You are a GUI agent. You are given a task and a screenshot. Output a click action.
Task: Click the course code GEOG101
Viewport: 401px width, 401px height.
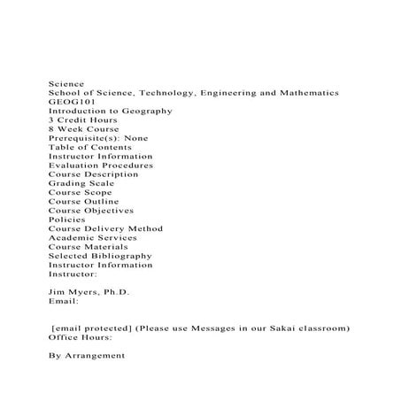pyautogui.click(x=66, y=102)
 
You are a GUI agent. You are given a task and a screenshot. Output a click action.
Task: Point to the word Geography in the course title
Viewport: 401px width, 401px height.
pyautogui.click(x=147, y=111)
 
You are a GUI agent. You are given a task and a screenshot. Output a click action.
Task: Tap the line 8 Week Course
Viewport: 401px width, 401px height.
pyautogui.click(x=84, y=128)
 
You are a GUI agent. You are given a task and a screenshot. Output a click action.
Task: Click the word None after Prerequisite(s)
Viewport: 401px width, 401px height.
pyautogui.click(x=136, y=138)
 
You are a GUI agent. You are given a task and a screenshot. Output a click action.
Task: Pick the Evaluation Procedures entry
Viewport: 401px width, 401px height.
pyautogui.click(x=100, y=166)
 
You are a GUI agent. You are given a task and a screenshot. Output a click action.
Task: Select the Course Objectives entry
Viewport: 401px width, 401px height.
pyautogui.click(x=91, y=211)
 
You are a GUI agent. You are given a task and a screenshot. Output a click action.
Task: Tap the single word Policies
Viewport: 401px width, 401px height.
pyautogui.click(x=67, y=220)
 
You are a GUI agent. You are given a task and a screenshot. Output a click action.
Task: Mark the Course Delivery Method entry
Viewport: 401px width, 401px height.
pyautogui.click(x=105, y=228)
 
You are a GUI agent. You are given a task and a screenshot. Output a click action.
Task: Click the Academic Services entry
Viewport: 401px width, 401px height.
pyautogui.click(x=92, y=237)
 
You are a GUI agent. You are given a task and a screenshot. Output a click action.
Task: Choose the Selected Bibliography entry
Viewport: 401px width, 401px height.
pyautogui.click(x=100, y=256)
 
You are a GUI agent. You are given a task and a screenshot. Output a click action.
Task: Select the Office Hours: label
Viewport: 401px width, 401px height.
pyautogui.click(x=80, y=337)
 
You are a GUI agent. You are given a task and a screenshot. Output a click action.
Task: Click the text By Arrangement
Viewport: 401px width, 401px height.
pyautogui.click(x=87, y=356)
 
